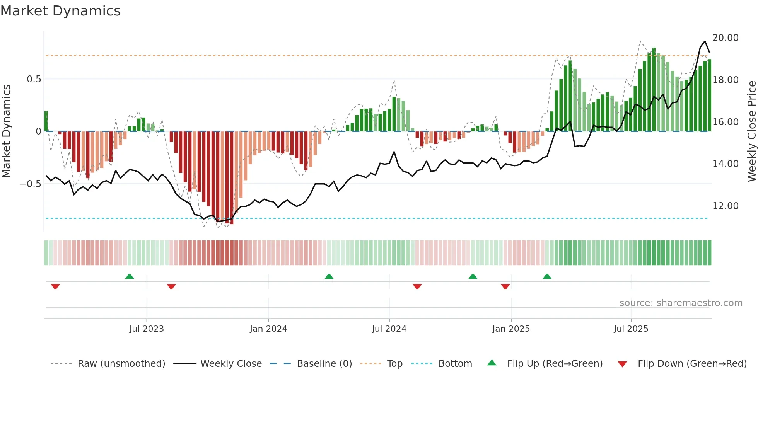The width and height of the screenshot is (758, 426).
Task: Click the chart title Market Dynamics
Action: [60, 11]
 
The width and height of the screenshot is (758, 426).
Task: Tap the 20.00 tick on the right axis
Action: [725, 38]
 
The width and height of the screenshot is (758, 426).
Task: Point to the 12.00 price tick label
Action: [725, 206]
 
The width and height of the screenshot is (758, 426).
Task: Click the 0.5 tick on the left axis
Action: [34, 79]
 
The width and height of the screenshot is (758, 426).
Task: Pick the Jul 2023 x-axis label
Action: [147, 329]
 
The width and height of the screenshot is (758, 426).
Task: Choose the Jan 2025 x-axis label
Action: [511, 329]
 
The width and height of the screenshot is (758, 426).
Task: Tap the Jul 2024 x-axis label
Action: [389, 329]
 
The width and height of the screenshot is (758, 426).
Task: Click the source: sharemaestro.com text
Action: [681, 303]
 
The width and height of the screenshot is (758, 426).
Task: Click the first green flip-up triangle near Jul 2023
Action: [130, 277]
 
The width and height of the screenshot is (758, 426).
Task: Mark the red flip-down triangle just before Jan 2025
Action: [505, 286]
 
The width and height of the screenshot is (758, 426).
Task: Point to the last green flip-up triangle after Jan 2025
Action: [547, 277]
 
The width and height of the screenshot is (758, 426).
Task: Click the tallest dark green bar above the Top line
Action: [654, 49]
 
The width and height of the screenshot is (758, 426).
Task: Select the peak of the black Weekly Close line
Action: [705, 41]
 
